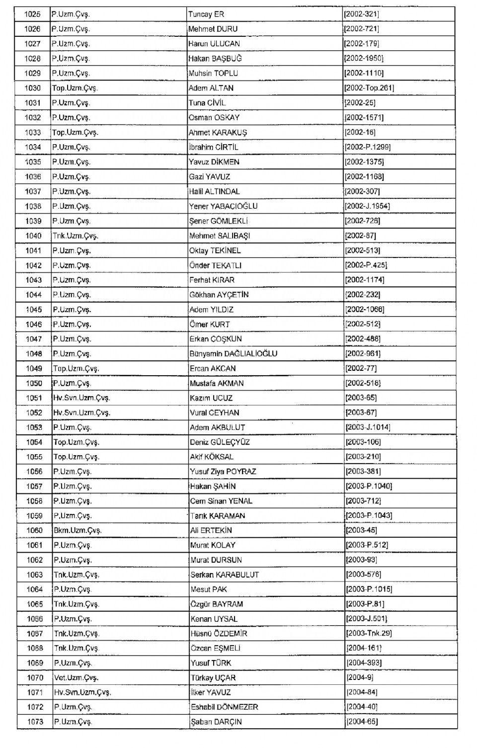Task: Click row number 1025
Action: pos(32,14)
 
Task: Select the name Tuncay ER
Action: pos(206,14)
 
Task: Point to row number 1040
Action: pos(33,236)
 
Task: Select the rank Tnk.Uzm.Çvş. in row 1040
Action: pos(76,236)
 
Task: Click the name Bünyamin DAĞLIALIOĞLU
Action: pos(233,354)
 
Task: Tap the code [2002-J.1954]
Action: pos(367,206)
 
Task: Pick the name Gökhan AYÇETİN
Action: pos(219,295)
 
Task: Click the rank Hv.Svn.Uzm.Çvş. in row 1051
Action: pos(81,398)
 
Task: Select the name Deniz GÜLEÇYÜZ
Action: pos(220,442)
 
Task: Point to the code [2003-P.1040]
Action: pos(369,487)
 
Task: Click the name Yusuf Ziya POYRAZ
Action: pos(223,472)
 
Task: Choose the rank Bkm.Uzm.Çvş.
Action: pos(78,531)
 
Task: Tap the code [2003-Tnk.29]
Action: pos(369,634)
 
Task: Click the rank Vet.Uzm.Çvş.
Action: pos(77,678)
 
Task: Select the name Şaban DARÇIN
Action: pos(216,722)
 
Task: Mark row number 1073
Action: pos(35,722)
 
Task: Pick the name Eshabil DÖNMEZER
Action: pos(224,707)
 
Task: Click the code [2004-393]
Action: pos(364,663)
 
